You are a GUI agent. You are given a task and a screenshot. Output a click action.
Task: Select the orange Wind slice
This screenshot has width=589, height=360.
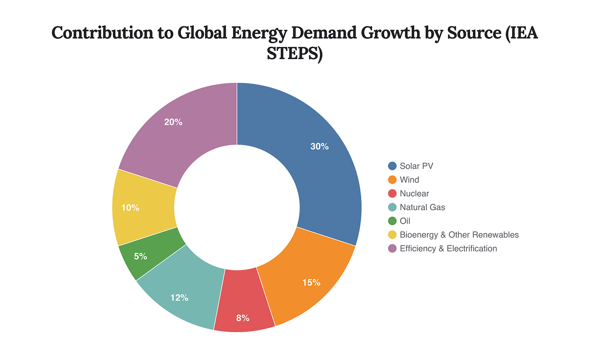point(307,275)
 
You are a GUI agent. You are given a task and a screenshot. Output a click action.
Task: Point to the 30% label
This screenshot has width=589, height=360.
point(320,147)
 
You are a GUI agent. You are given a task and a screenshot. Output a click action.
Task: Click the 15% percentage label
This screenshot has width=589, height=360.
point(311,283)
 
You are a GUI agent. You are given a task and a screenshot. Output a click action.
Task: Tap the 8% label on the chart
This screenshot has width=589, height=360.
point(243,318)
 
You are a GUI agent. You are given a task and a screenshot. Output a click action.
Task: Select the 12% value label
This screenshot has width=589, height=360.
point(179,298)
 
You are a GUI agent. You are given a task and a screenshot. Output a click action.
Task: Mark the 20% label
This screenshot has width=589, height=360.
point(173,122)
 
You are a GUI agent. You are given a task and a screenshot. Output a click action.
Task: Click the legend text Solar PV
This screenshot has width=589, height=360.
point(416,166)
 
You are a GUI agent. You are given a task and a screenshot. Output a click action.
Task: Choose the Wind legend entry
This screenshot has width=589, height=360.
point(409,180)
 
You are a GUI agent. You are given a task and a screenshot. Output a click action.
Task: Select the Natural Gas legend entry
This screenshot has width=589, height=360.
point(422,207)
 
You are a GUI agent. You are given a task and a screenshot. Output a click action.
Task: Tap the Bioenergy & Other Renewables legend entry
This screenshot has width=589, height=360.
point(459,235)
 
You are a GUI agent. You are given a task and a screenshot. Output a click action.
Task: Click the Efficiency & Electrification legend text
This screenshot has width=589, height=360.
point(448,248)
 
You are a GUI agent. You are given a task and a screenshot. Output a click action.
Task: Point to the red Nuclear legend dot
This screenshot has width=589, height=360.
point(392,193)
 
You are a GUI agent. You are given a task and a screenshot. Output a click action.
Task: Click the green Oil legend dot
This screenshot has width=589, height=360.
point(392,221)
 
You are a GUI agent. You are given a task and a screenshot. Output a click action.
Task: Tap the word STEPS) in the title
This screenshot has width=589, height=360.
point(294,54)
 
